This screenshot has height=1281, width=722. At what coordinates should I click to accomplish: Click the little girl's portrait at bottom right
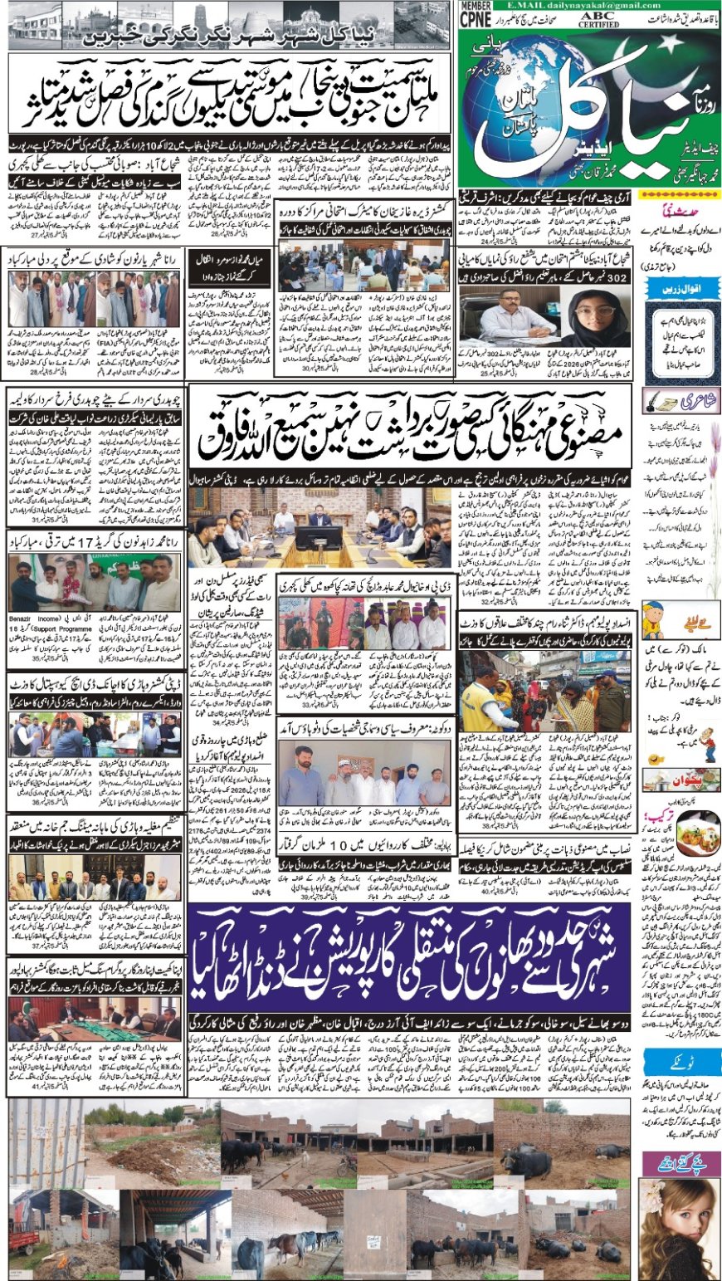tap(679, 1229)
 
